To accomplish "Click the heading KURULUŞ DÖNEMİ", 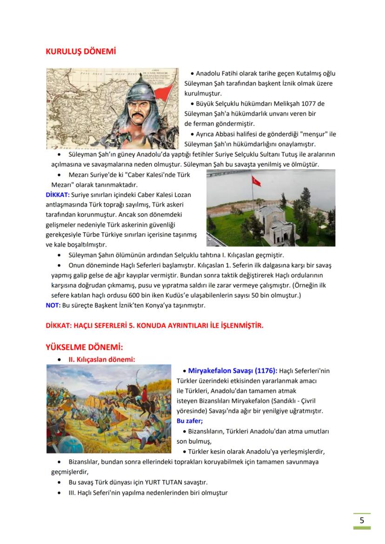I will coord(80,51).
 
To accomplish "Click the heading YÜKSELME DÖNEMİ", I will coord(84,347).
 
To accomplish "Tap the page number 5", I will coord(362,520).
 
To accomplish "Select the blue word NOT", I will coord(52,305).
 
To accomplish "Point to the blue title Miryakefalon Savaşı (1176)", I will coord(232,371).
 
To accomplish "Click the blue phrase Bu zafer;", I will coord(190,421).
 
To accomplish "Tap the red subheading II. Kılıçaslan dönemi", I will coord(102,359).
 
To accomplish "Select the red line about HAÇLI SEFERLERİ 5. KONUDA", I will coord(154,326).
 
